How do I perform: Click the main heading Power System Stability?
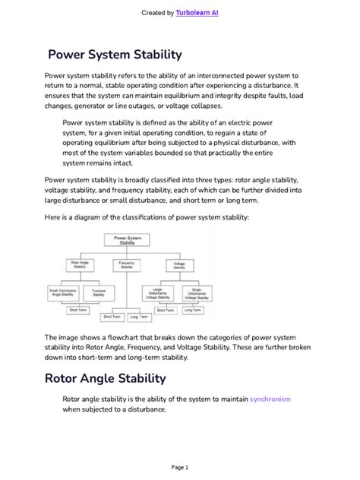click(x=115, y=55)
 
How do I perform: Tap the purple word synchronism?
click(x=270, y=399)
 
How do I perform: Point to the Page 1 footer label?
click(x=179, y=467)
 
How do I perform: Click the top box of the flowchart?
click(x=128, y=240)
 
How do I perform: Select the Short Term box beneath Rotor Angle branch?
click(x=78, y=310)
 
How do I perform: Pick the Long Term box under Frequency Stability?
click(x=139, y=316)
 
